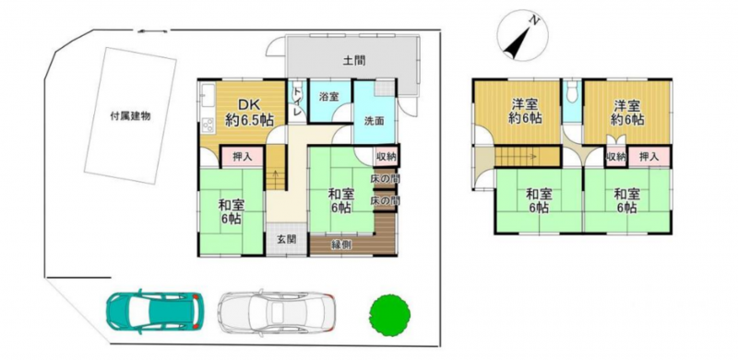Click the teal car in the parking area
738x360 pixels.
point(155,311)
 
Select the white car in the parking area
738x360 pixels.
point(276,311)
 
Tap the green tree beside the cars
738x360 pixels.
point(389,315)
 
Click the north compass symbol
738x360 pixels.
point(522,35)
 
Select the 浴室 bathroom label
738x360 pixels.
point(327,96)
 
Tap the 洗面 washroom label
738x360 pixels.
point(375,121)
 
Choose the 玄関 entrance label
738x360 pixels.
point(286,239)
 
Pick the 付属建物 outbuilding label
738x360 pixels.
point(130,116)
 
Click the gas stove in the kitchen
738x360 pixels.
point(208,125)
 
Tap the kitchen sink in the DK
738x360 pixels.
point(208,97)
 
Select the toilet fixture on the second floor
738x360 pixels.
point(572,92)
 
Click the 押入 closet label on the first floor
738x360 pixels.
point(243,157)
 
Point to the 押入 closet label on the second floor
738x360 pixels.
point(650,157)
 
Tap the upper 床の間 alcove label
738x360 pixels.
point(385,178)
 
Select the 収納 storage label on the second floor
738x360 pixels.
point(616,157)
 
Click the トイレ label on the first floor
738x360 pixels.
point(297,100)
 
